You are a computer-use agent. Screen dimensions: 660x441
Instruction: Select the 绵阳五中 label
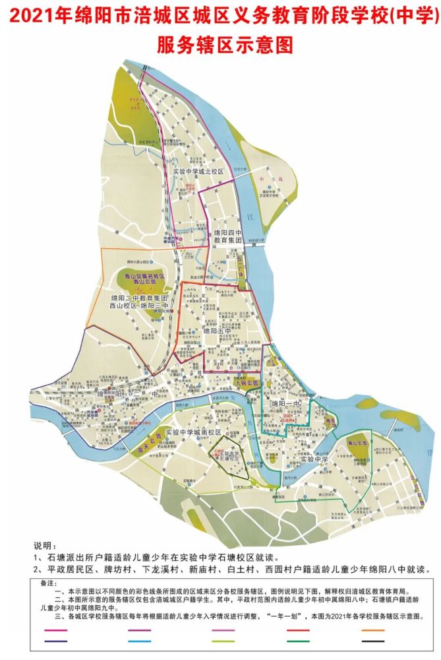218,331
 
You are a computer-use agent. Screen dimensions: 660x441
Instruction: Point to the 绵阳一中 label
284,403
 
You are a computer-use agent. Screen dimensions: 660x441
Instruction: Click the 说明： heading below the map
45,547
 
